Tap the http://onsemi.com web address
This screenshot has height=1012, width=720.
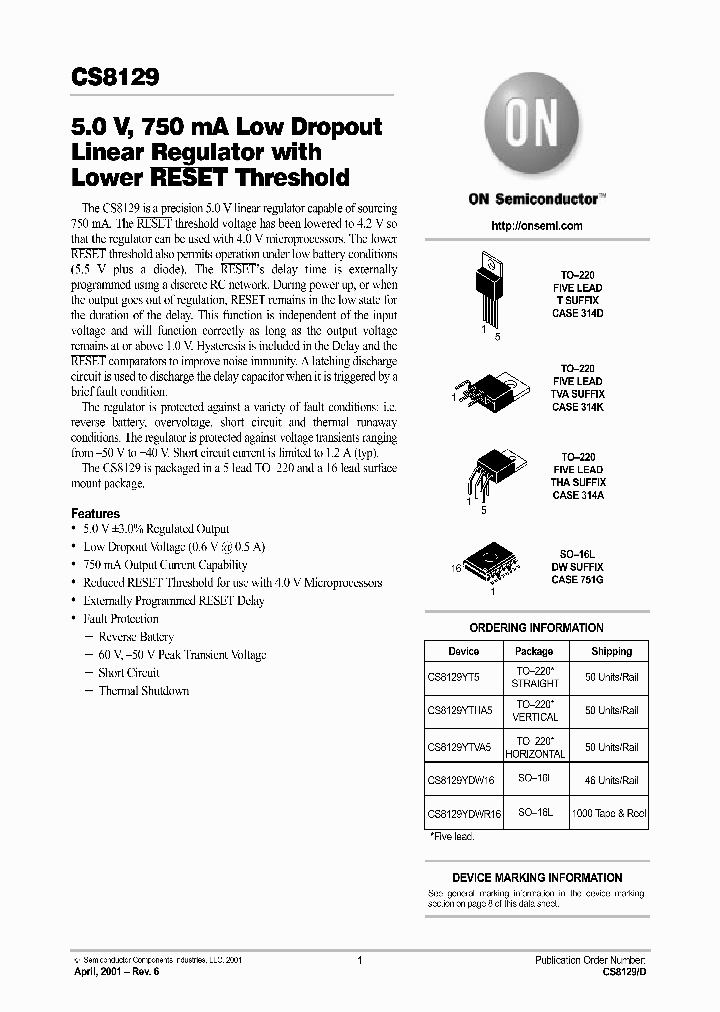(537, 226)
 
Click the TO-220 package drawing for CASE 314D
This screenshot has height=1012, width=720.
(493, 289)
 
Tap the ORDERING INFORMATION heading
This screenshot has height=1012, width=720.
(536, 628)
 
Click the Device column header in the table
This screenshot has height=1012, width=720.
(463, 651)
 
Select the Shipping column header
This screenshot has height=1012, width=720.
(610, 651)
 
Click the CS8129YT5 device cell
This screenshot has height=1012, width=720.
(454, 676)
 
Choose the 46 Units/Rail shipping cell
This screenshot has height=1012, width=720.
(611, 780)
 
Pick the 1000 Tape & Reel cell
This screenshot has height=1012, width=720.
(609, 814)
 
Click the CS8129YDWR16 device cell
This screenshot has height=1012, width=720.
(463, 814)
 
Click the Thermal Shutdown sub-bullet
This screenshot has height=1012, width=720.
(143, 691)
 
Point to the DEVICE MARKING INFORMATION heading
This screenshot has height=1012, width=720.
(537, 877)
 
